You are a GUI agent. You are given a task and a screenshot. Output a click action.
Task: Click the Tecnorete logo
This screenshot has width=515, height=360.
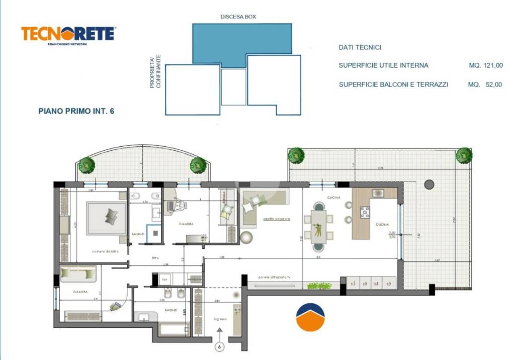click(68, 35)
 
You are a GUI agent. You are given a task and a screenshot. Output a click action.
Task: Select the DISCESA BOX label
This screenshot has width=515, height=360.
click(238, 17)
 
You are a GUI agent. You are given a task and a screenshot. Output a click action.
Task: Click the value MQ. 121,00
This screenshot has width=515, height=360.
click(485, 65)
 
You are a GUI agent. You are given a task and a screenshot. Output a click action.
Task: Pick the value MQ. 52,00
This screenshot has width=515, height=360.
click(485, 85)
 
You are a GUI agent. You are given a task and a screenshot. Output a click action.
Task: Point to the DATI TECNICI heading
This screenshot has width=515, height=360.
click(360, 47)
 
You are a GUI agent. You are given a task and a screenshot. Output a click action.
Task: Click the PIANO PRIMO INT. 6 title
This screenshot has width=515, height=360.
click(76, 111)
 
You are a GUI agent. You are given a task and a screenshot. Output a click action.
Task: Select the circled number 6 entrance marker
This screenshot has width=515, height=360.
click(219, 346)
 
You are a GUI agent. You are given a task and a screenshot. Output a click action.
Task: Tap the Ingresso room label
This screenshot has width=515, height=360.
click(220, 319)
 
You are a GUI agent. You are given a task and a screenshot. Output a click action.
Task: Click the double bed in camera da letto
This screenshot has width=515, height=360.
click(107, 218)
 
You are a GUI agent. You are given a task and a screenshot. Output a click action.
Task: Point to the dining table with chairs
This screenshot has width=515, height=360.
click(318, 226)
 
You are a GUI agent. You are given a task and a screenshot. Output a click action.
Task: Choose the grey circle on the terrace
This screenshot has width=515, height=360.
click(429, 185)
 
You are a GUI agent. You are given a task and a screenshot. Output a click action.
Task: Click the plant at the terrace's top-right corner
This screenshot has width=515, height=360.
click(464, 155)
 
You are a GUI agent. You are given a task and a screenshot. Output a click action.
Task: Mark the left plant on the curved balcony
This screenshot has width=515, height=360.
click(87, 164)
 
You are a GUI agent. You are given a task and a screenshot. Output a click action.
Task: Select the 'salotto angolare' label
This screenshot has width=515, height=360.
click(276, 219)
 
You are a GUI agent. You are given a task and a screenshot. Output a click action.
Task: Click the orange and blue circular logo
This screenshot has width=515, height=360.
click(310, 318)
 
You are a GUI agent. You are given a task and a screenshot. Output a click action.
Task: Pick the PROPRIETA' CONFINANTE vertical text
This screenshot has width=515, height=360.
click(155, 72)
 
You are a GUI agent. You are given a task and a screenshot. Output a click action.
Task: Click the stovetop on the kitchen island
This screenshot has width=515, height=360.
click(365, 213)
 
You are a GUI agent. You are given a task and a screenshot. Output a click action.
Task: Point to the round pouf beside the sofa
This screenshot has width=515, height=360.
click(246, 237)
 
